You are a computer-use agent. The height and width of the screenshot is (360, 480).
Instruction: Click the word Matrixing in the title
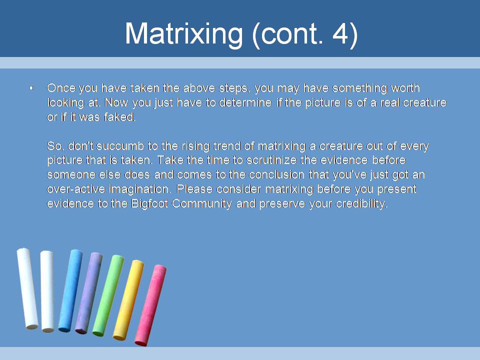click(x=184, y=34)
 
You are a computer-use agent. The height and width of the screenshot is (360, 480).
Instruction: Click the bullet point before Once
click(x=31, y=88)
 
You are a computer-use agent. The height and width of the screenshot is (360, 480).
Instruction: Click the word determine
click(x=245, y=102)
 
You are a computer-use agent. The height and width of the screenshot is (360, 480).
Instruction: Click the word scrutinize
click(x=272, y=160)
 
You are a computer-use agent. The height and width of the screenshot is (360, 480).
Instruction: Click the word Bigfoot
click(x=149, y=204)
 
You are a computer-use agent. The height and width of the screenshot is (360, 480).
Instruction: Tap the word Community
click(x=202, y=204)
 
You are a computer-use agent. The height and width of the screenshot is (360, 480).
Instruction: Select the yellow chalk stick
click(x=128, y=300)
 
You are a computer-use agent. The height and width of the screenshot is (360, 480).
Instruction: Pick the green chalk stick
click(x=108, y=295)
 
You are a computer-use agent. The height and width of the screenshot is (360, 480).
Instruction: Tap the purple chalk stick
click(x=89, y=293)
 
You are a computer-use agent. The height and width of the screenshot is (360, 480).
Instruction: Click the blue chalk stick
click(x=70, y=290)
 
